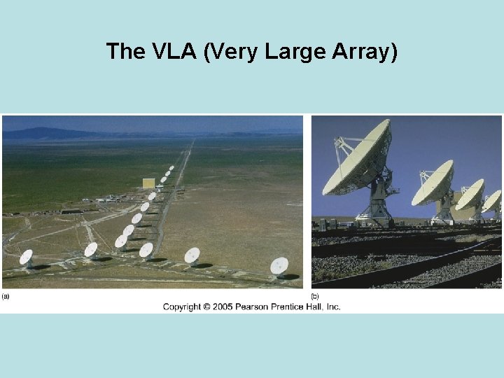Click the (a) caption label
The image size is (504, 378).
[6, 297]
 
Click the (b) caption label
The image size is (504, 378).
[315, 297]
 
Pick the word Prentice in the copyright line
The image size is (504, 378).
[295, 307]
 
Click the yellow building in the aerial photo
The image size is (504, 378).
[148, 183]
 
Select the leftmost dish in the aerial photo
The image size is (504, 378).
[26, 258]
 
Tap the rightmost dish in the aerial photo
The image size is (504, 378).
[279, 266]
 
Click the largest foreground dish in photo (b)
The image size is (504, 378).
[357, 160]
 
